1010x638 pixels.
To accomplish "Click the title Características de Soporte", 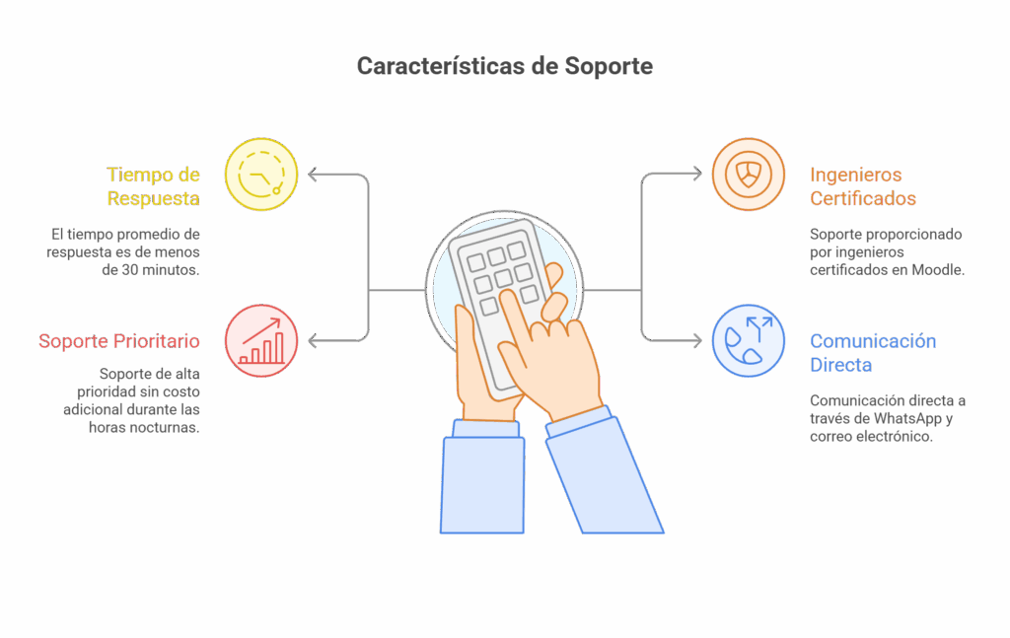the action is (505, 66).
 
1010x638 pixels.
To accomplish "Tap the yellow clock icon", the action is (261, 175).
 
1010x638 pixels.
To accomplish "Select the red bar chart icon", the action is (261, 340).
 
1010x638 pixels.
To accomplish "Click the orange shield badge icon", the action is (749, 175).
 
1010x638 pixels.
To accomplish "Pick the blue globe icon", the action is (749, 340).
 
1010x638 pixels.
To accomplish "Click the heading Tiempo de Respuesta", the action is (153, 186).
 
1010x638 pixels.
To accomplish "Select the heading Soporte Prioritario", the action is (119, 340).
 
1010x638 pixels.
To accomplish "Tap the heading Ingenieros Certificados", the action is (863, 186).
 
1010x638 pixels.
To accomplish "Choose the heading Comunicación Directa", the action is (873, 353).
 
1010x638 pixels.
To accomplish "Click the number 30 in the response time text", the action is (130, 270).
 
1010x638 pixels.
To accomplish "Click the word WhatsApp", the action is (907, 418).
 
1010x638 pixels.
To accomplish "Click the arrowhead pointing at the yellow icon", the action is (313, 175).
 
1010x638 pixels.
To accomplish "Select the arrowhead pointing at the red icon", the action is (313, 340).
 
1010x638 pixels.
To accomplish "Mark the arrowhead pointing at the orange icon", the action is (697, 174).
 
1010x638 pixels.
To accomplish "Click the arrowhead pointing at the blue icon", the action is (697, 340).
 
